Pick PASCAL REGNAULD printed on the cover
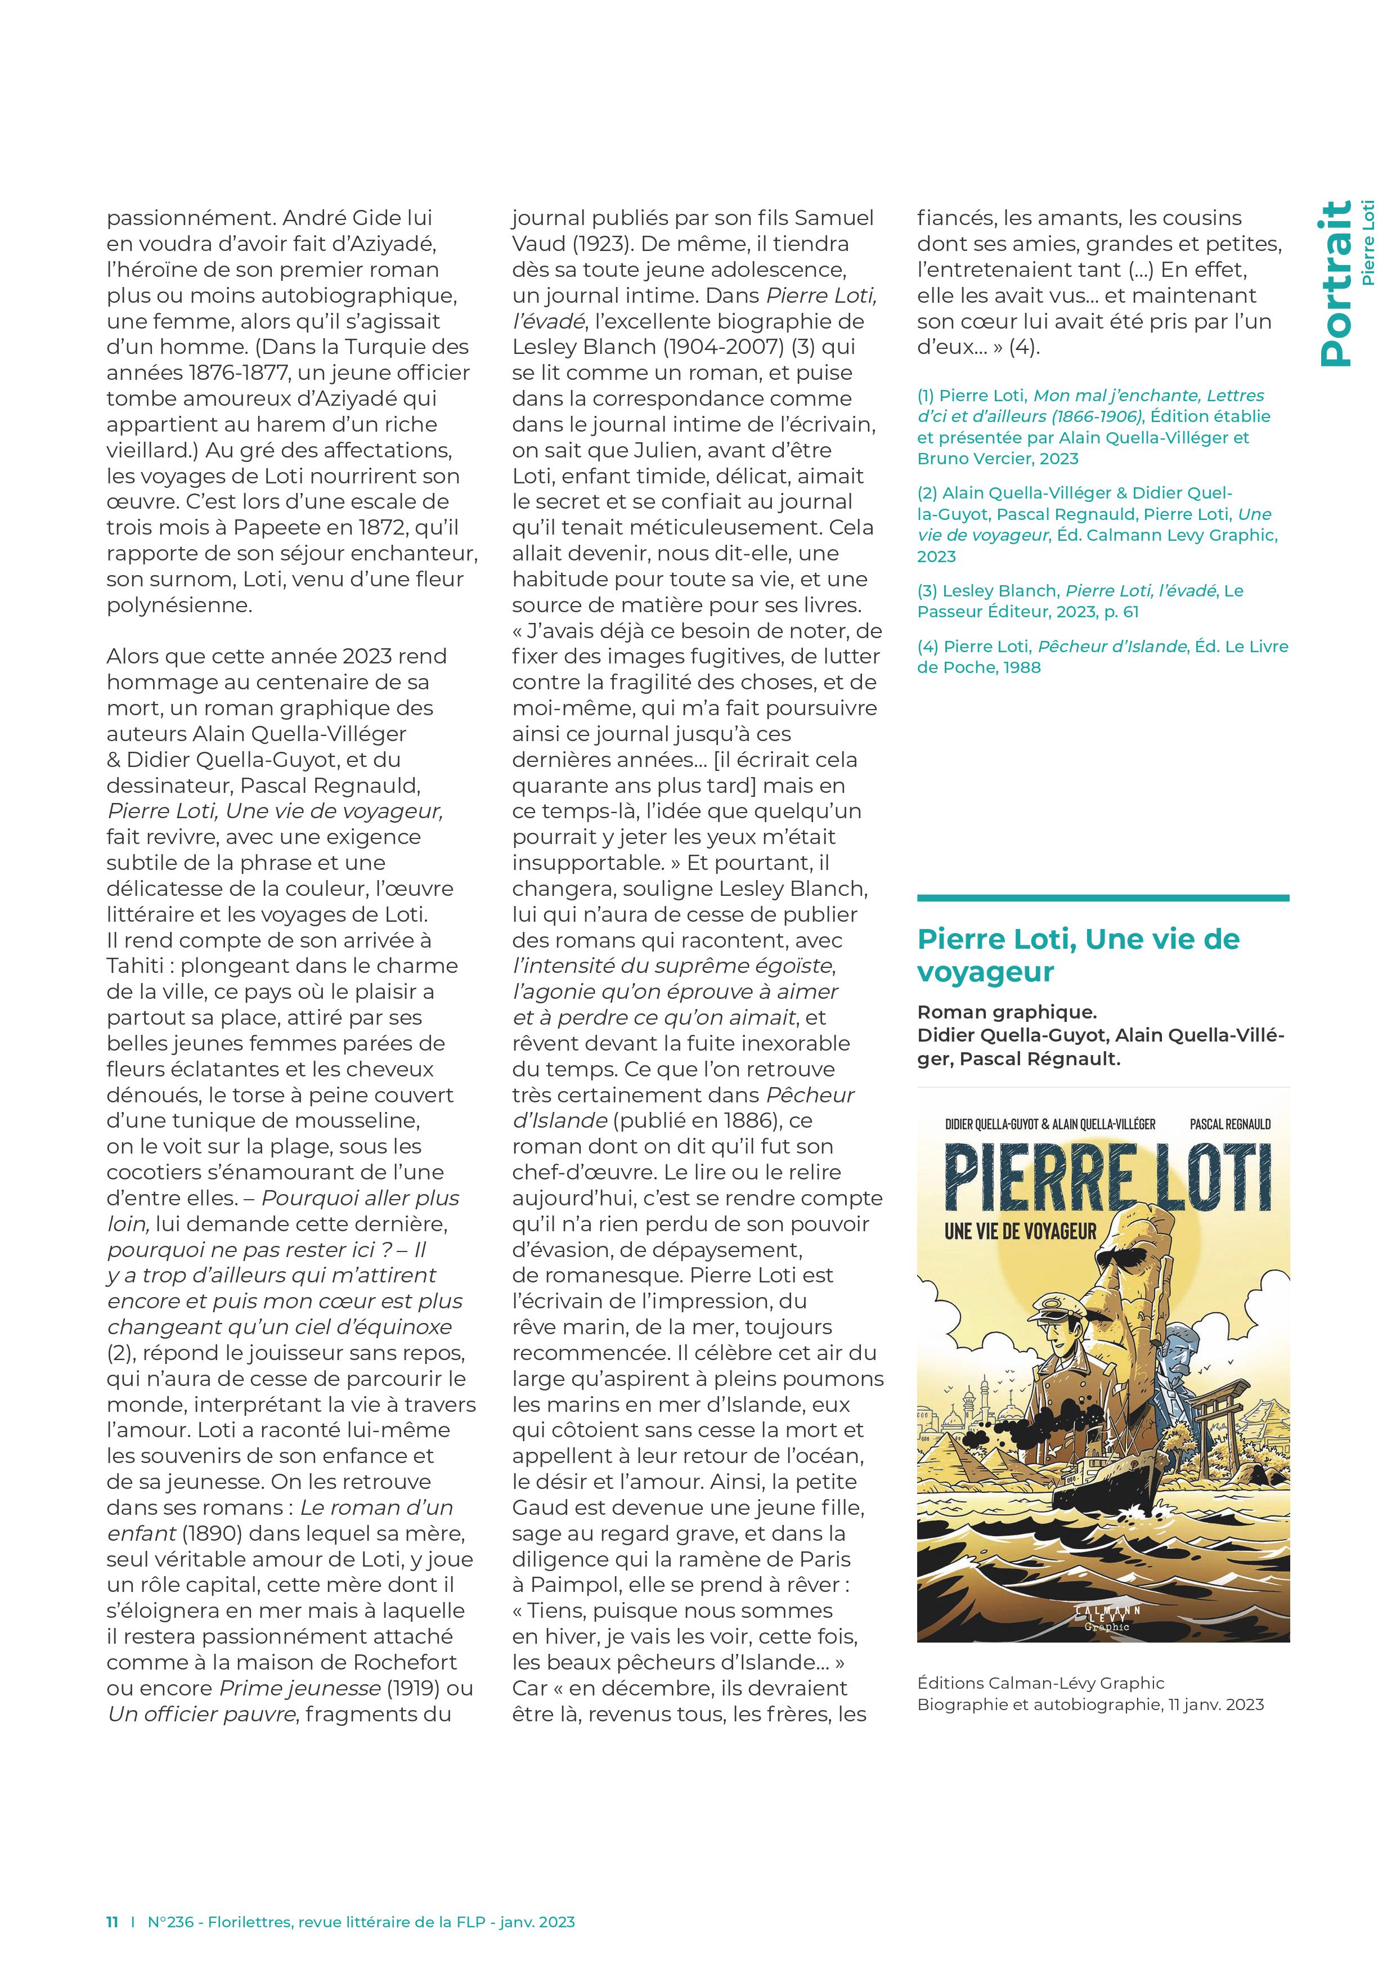[x=1229, y=1124]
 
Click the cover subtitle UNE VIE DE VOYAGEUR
[x=1020, y=1231]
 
